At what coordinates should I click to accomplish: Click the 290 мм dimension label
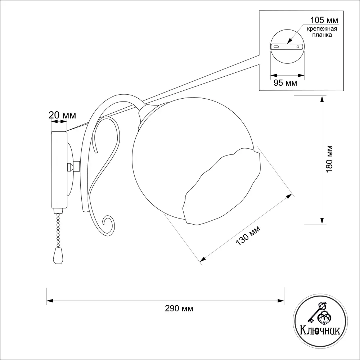[x=179, y=309]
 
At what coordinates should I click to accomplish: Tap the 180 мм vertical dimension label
[x=329, y=159]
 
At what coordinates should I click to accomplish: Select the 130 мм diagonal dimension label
[x=248, y=235]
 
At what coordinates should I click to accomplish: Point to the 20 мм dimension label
[x=62, y=115]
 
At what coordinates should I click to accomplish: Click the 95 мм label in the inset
[x=285, y=83]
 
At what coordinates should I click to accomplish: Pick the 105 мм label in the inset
[x=324, y=20]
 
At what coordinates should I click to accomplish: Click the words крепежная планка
[x=322, y=32]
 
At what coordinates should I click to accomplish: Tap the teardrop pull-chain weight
[x=58, y=256]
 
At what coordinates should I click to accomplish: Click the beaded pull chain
[x=58, y=230]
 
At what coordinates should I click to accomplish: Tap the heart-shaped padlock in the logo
[x=324, y=318]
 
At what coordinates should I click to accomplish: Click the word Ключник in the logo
[x=320, y=331]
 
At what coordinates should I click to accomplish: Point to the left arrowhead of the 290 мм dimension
[x=50, y=301]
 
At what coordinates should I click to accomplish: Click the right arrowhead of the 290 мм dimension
[x=281, y=301]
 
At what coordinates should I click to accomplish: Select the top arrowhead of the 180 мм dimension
[x=322, y=99]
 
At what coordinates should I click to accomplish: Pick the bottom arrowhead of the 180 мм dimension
[x=322, y=221]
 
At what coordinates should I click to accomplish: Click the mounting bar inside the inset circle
[x=287, y=46]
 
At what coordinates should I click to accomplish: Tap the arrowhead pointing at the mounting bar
[x=290, y=41]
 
